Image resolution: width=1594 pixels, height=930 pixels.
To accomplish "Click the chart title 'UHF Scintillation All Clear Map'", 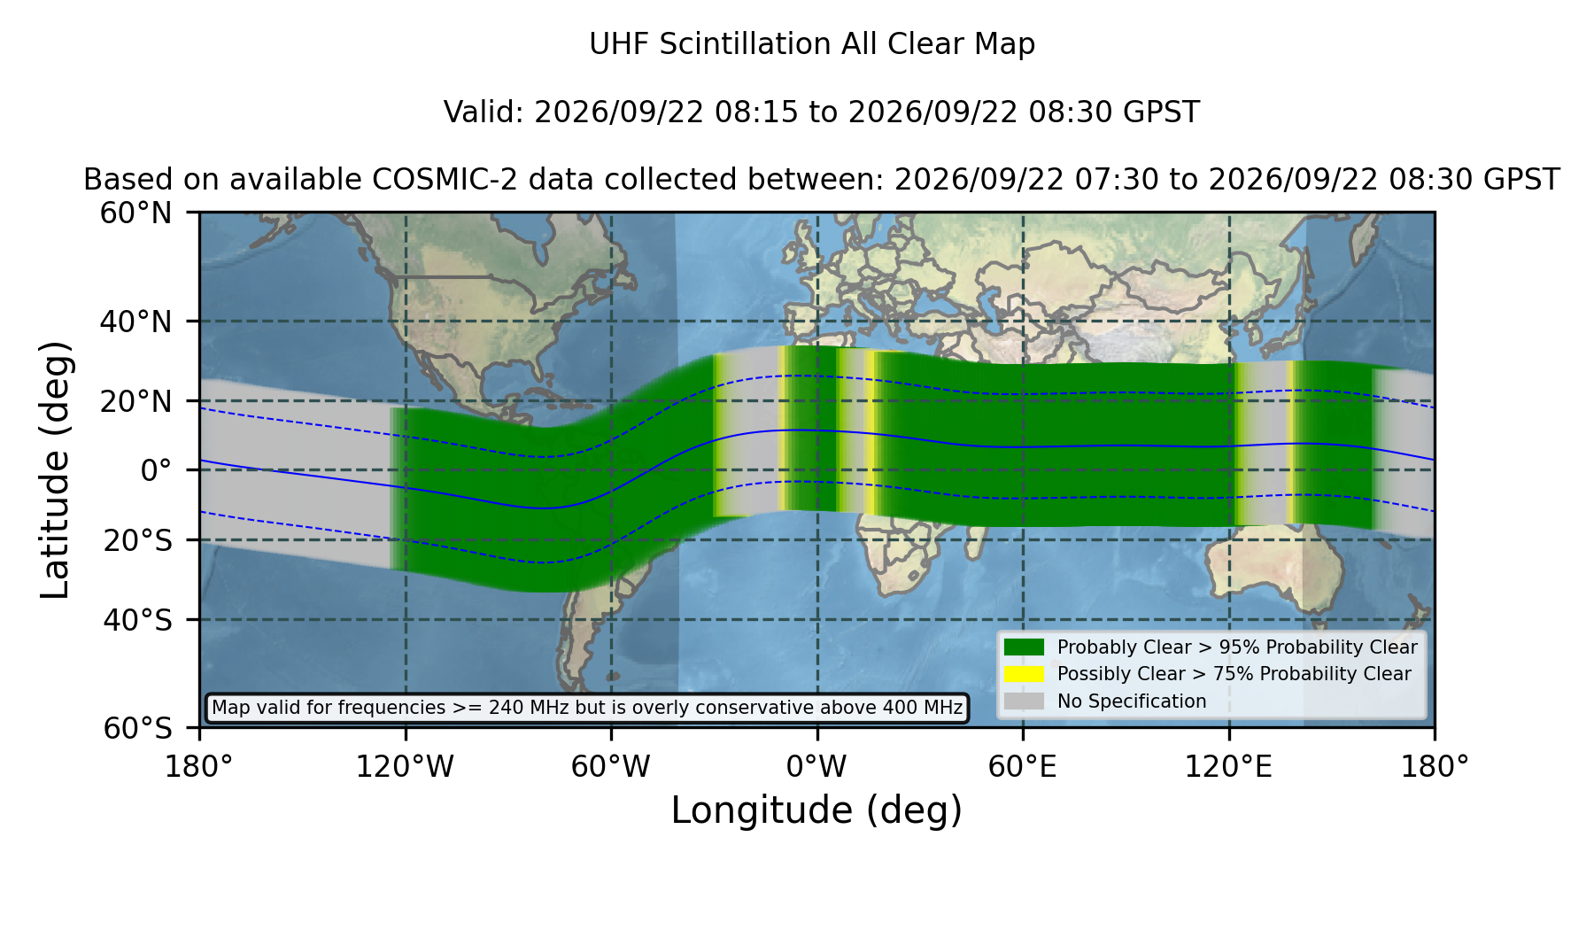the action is tap(812, 44).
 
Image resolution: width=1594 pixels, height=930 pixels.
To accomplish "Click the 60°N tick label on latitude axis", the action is tap(135, 213).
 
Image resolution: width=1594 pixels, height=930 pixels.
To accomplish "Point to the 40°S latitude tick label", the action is tap(137, 620).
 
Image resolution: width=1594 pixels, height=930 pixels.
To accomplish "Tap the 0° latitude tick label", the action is tap(156, 470).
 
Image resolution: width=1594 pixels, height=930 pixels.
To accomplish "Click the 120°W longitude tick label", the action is tap(405, 766).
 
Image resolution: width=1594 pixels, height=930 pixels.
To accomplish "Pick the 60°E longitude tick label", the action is tap(1023, 766).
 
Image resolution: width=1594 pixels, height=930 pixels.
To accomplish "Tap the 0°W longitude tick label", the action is tap(816, 766).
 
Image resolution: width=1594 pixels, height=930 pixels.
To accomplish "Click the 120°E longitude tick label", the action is tap(1228, 766).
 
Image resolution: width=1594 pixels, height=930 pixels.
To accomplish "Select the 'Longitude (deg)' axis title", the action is tap(816, 810).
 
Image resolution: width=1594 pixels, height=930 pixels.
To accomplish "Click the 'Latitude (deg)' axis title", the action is tap(55, 469).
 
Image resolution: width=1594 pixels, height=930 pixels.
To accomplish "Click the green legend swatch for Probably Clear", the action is tap(1024, 647).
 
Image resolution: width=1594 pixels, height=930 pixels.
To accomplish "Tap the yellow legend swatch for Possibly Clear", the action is tap(1024, 674).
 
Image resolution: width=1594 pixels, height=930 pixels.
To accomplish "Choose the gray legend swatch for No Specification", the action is tap(1024, 701).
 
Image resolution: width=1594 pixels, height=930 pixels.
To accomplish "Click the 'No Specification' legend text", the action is tap(1132, 701).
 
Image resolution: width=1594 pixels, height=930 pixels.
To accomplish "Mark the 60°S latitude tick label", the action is tap(137, 729).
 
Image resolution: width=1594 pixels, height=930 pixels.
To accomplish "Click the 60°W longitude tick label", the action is tap(610, 766).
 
